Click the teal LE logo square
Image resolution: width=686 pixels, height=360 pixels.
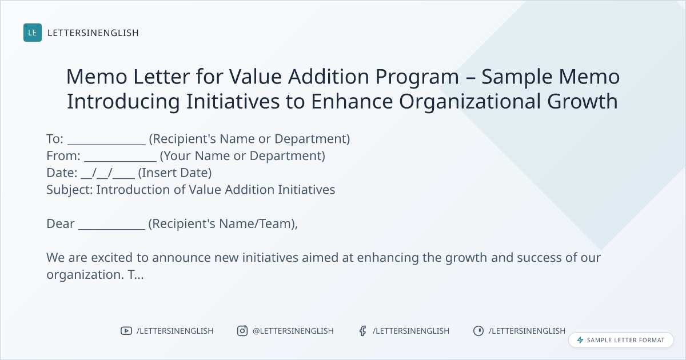(x=33, y=33)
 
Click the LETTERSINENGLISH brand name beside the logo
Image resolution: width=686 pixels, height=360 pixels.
(x=93, y=33)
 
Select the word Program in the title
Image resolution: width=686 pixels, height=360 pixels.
(x=417, y=77)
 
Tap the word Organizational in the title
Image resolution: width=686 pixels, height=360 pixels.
(x=470, y=102)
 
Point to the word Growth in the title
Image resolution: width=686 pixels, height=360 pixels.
(x=583, y=101)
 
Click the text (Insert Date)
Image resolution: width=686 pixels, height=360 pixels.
(x=175, y=173)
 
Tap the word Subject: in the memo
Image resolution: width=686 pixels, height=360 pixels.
(x=70, y=190)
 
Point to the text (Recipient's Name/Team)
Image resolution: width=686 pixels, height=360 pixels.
(x=222, y=224)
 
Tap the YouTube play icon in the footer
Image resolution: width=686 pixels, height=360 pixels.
(x=126, y=331)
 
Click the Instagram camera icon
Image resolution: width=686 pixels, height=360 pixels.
(x=242, y=331)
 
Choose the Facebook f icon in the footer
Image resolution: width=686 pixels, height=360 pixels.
(x=363, y=331)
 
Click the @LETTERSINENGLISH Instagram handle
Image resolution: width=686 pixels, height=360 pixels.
(x=293, y=331)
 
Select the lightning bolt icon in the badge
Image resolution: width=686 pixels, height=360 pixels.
(x=580, y=340)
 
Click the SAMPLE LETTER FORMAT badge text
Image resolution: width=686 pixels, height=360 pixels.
(x=625, y=340)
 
